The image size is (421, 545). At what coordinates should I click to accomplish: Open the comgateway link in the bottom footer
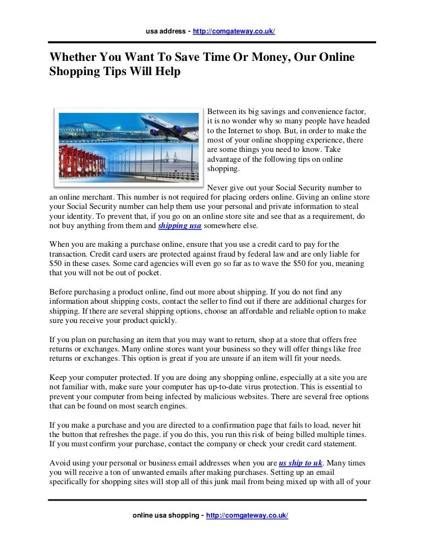[247, 516]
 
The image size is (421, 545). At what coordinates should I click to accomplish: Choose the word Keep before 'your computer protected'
[58, 378]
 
